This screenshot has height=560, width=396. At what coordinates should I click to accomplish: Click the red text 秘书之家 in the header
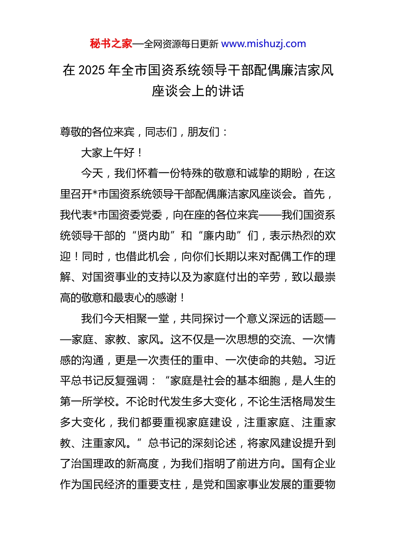click(111, 44)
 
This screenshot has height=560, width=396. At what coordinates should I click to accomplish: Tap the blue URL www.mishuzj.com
click(263, 44)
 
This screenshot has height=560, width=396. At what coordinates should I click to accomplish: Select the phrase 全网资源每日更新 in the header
click(181, 44)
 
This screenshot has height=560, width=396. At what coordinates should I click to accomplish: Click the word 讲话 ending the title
click(231, 91)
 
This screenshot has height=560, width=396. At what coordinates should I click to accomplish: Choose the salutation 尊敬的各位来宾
click(97, 132)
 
